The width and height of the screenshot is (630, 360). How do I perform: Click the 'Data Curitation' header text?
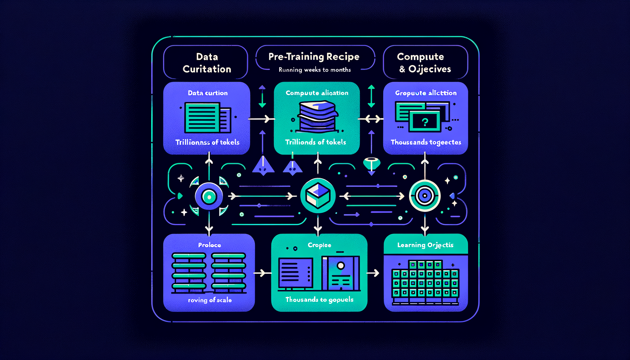pyautogui.click(x=207, y=63)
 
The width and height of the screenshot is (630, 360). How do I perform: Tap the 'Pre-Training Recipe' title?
pyautogui.click(x=314, y=57)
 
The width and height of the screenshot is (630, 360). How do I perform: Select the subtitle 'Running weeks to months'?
pyautogui.click(x=315, y=70)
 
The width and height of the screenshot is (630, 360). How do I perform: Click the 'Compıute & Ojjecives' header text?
pyautogui.click(x=425, y=63)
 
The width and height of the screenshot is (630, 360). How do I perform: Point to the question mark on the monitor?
pyautogui.click(x=425, y=122)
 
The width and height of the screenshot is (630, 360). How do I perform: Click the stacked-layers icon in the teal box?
pyautogui.click(x=317, y=117)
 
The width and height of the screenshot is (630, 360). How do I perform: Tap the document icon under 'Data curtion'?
pyautogui.click(x=207, y=117)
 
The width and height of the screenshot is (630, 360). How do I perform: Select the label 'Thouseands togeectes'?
pyautogui.click(x=426, y=142)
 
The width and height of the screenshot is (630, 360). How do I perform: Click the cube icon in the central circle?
pyautogui.click(x=318, y=195)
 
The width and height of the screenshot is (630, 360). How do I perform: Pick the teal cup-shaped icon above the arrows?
pyautogui.click(x=372, y=163)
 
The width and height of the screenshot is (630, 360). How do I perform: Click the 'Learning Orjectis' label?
pyautogui.click(x=425, y=245)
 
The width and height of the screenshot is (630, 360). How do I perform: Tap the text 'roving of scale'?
pyautogui.click(x=210, y=300)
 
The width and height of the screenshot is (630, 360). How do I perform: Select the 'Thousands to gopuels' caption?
pyautogui.click(x=319, y=300)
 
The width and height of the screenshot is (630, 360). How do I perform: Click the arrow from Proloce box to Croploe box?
pyautogui.click(x=262, y=273)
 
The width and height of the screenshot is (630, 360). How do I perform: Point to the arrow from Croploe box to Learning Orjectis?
pyautogui.click(x=373, y=273)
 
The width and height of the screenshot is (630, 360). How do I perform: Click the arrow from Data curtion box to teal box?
pyautogui.click(x=262, y=119)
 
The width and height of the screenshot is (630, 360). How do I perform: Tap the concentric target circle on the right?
pyautogui.click(x=425, y=195)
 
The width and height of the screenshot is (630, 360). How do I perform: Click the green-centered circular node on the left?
pyautogui.click(x=209, y=197)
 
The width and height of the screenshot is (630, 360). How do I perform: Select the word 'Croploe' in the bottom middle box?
pyautogui.click(x=319, y=245)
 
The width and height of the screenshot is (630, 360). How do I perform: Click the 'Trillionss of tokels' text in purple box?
pyautogui.click(x=207, y=142)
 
